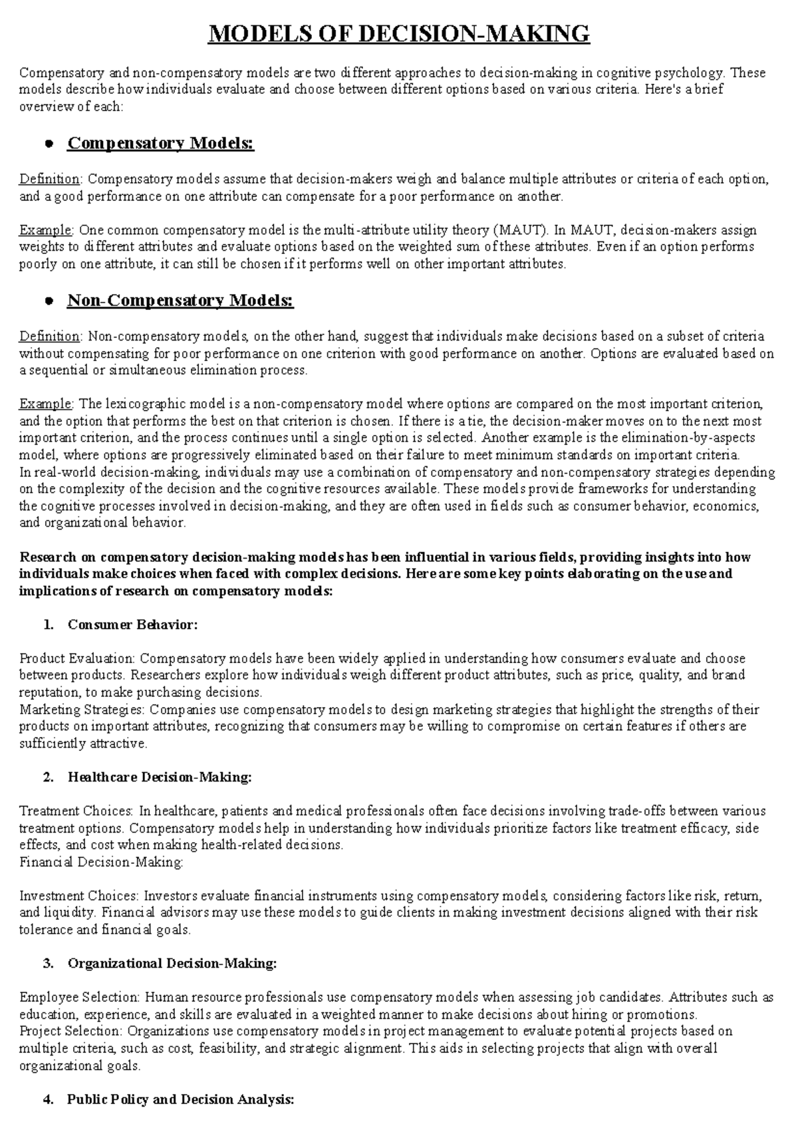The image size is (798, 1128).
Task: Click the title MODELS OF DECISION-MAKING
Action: tap(399, 33)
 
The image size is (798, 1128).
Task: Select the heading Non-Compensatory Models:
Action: tap(180, 301)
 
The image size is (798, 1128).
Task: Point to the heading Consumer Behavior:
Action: tap(132, 625)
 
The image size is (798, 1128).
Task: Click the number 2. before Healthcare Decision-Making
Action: tap(47, 777)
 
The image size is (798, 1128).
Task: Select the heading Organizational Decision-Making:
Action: tap(172, 963)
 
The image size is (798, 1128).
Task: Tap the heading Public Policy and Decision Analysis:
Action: tap(180, 1099)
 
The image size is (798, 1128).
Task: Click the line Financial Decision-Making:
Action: tap(101, 862)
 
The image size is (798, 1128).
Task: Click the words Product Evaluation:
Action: tap(77, 658)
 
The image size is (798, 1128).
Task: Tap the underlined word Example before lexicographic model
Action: tap(47, 404)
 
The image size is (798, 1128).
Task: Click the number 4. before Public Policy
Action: tap(47, 1099)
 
